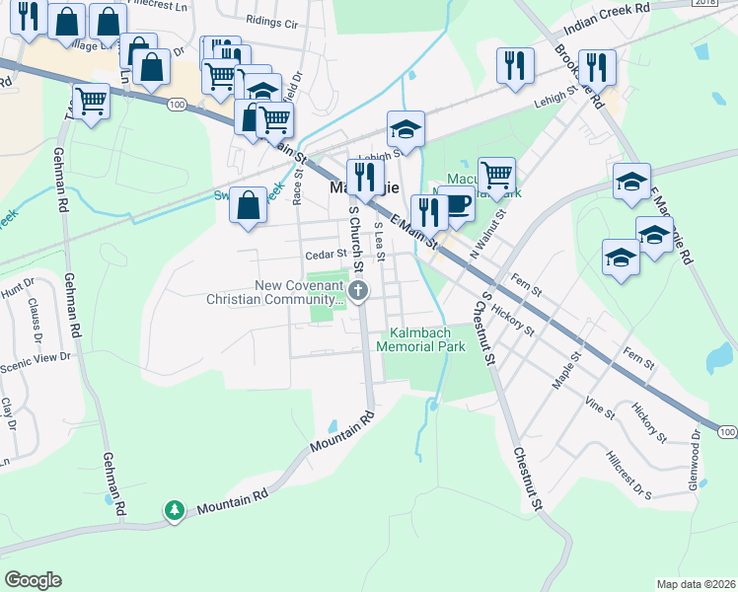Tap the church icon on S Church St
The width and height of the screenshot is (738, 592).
(x=358, y=290)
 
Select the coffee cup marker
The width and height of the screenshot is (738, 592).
(x=456, y=203)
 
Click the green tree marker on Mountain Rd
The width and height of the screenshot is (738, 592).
(x=175, y=509)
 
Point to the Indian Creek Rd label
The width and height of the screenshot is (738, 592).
(x=615, y=8)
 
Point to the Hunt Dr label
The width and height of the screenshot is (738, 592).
(x=17, y=289)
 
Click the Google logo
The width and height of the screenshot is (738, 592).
(x=33, y=580)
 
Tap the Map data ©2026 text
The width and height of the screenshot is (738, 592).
(x=697, y=584)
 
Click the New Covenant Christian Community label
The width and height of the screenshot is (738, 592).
(x=272, y=292)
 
